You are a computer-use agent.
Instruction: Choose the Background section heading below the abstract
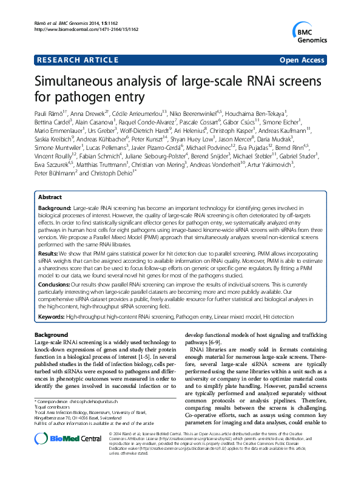(51, 335)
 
